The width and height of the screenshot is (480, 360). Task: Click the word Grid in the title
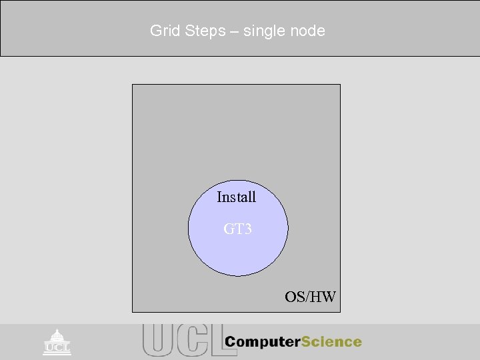pos(163,31)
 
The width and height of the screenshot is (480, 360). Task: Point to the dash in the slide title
pos(234,31)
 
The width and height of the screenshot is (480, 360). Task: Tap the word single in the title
pos(264,31)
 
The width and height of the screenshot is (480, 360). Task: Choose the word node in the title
pos(309,31)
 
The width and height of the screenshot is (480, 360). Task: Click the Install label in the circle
pos(236,197)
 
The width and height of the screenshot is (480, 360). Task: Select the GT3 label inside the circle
pos(237,230)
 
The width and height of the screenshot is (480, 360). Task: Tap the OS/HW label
pos(310,297)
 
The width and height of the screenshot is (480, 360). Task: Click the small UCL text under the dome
pos(57,347)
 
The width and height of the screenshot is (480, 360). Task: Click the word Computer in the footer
pos(263,343)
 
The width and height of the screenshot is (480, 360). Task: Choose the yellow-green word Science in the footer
pos(331,343)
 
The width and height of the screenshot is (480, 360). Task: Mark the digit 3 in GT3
pos(247,230)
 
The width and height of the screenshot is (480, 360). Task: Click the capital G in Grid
pos(155,31)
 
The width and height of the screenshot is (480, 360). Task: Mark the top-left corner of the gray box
pos(133,85)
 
